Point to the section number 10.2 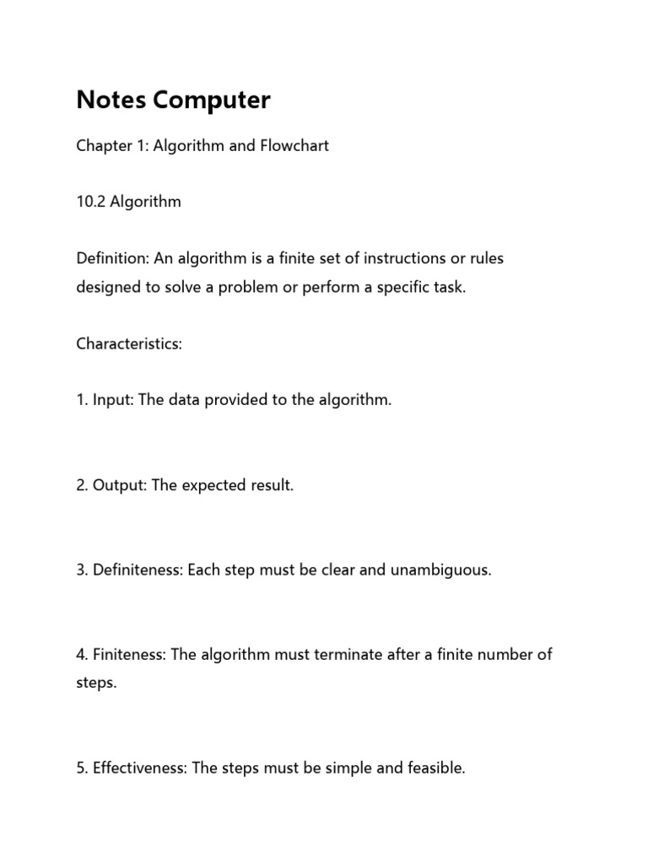click(x=89, y=202)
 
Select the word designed click(x=109, y=287)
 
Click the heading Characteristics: click(x=129, y=344)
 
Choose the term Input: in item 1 click(x=113, y=400)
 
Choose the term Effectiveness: click(x=140, y=768)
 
